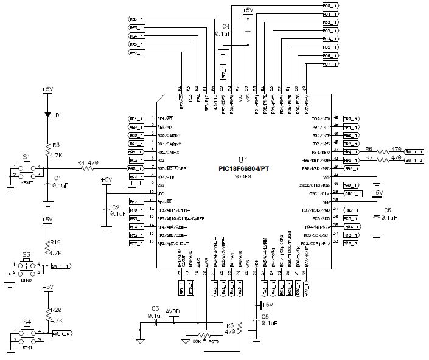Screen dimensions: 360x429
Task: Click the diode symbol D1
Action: [x=48, y=114]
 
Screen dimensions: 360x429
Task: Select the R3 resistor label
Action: [x=55, y=145]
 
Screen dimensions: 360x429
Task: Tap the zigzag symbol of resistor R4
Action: [x=92, y=168]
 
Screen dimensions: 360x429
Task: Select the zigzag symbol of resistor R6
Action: [x=385, y=151]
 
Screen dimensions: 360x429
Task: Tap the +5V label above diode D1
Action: [x=48, y=89]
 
